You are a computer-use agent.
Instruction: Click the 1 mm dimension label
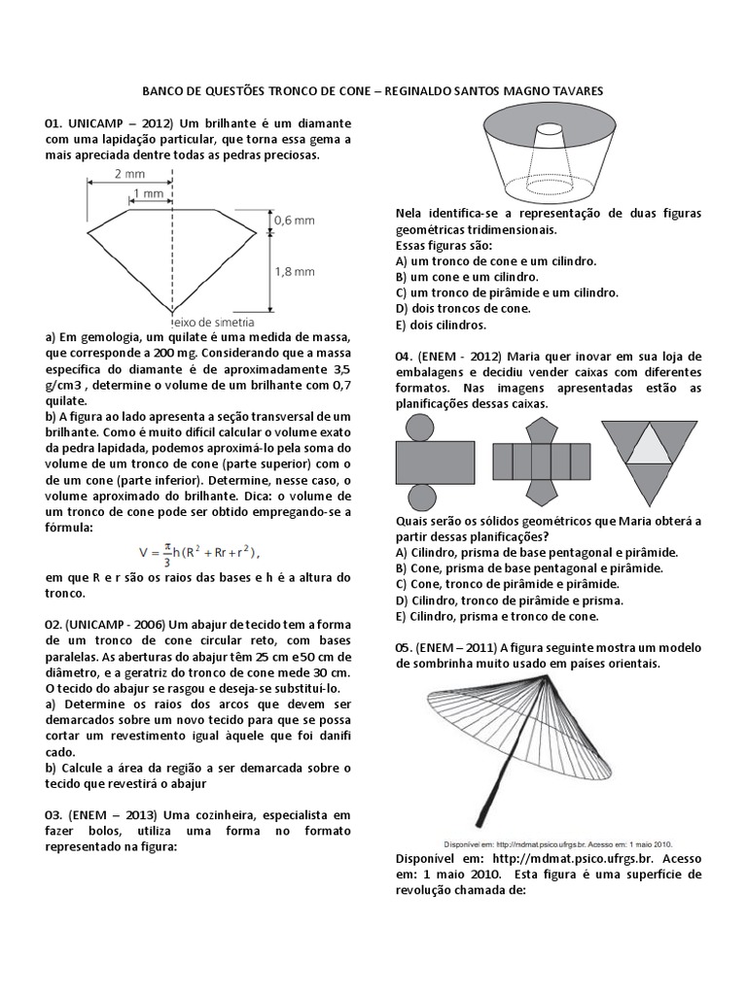pyautogui.click(x=150, y=193)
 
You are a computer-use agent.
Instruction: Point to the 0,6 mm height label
pyautogui.click(x=294, y=221)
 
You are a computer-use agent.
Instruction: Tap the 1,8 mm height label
pyautogui.click(x=294, y=272)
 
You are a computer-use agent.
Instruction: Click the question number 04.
pyautogui.click(x=406, y=357)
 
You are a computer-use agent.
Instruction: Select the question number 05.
pyautogui.click(x=406, y=648)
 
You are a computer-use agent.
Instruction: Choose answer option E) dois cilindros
pyautogui.click(x=441, y=325)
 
